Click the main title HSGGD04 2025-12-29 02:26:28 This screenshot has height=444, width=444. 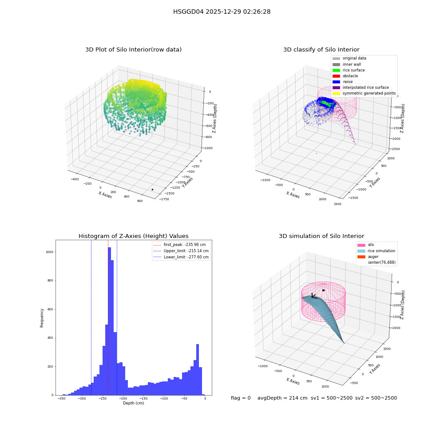[222, 12]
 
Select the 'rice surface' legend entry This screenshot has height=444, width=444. [349, 70]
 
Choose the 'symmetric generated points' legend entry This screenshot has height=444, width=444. [364, 93]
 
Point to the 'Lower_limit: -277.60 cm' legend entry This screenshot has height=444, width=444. [181, 257]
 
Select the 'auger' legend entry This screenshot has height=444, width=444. [368, 257]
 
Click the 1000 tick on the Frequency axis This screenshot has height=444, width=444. [50, 252]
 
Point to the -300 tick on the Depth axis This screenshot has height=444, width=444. [82, 398]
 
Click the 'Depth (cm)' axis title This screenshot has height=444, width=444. [133, 403]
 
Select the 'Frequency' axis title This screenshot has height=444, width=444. [42, 318]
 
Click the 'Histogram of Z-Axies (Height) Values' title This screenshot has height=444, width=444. [133, 236]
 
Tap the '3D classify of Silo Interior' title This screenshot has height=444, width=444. [321, 50]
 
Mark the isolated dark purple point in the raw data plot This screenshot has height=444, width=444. [152, 190]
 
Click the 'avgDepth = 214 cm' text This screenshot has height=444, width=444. [282, 398]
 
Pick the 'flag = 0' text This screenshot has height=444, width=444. [241, 398]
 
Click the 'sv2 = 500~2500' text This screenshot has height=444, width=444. [376, 398]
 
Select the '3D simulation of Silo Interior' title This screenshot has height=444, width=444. [321, 236]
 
